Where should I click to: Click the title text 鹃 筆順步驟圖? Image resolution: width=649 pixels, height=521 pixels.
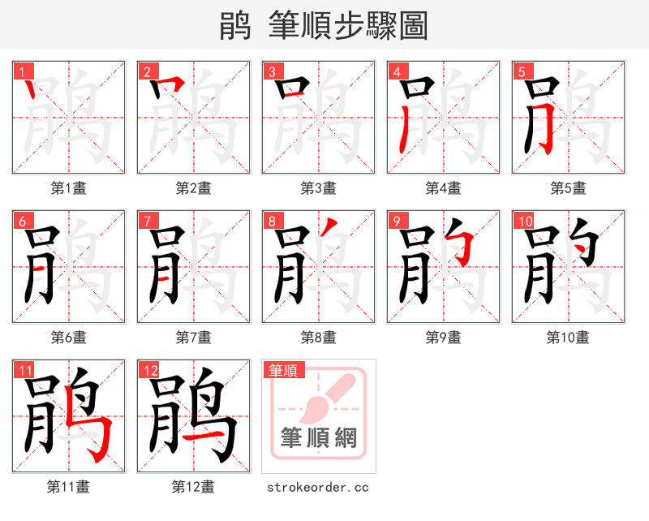point(324,26)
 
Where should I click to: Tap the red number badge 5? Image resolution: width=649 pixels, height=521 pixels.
point(522,71)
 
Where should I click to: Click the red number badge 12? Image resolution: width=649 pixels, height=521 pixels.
point(150,370)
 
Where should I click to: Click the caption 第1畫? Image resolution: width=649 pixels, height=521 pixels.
point(69,188)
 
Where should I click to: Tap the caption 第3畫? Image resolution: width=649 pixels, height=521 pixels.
point(319,188)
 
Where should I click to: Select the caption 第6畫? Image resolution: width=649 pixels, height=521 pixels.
point(69,337)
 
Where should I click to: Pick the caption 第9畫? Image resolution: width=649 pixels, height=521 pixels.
point(444,337)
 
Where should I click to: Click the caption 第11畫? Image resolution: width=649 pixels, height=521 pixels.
point(69,487)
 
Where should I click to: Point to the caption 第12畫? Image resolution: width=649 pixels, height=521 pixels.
point(194,487)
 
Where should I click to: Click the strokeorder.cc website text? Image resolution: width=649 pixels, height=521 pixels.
point(319,487)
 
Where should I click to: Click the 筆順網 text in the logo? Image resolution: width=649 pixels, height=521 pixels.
point(319,438)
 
